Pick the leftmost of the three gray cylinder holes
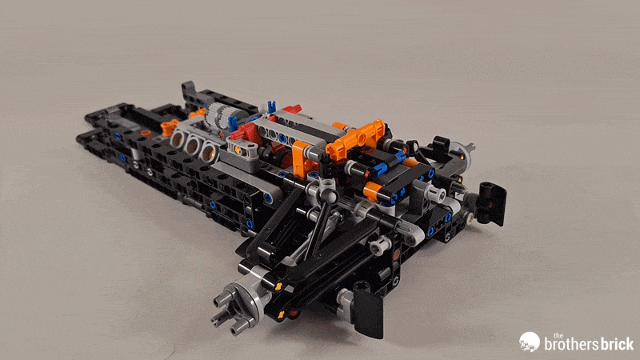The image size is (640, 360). click(174, 140)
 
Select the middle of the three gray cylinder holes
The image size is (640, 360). click(191, 145)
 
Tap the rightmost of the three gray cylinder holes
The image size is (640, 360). click(208, 150)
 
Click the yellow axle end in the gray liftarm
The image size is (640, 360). click(238, 149)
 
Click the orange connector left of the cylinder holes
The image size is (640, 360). click(168, 126)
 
